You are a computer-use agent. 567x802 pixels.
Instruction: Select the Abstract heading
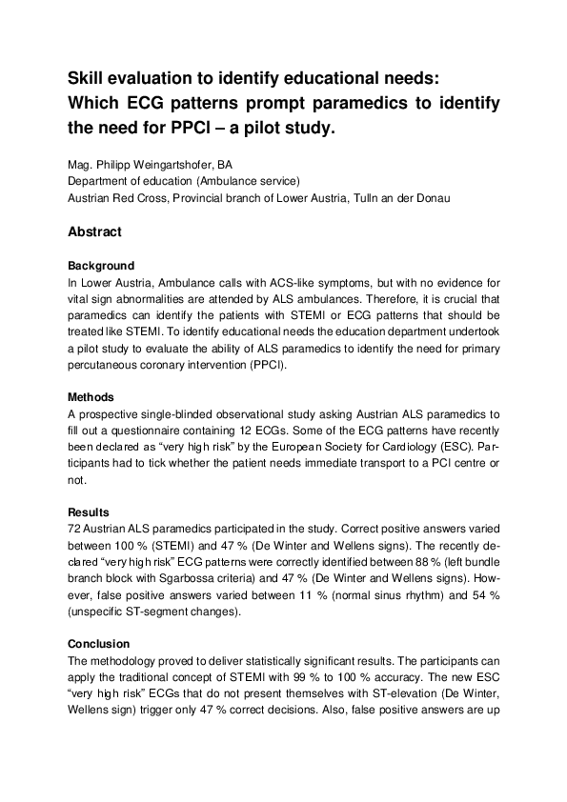(94, 231)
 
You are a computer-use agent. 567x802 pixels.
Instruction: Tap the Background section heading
(101, 266)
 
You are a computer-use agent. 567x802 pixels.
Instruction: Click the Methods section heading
(91, 397)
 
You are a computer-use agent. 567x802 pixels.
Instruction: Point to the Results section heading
(89, 512)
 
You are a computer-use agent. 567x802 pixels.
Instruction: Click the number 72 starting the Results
(75, 528)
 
